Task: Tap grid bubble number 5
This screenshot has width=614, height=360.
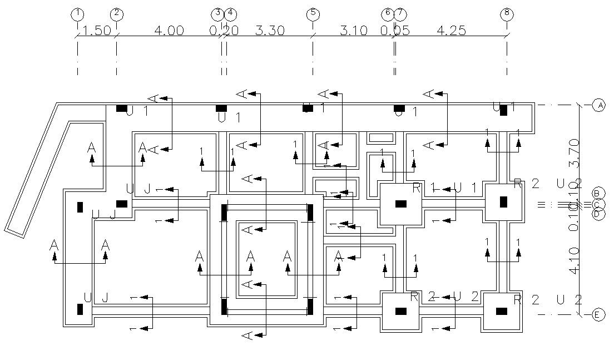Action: [x=313, y=13]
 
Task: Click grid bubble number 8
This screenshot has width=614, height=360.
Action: [x=506, y=13]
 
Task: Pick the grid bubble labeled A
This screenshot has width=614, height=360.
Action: [x=598, y=105]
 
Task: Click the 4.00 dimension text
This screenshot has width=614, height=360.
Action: [x=170, y=31]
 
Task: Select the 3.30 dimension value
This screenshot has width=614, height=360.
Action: [x=270, y=31]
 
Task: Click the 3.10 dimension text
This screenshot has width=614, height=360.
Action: [x=353, y=31]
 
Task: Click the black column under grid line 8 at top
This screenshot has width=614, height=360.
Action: [x=503, y=110]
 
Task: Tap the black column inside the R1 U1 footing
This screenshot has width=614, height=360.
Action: [x=400, y=204]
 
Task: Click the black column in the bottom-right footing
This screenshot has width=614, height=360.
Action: [x=502, y=311]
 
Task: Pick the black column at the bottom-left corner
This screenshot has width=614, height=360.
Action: [x=80, y=309]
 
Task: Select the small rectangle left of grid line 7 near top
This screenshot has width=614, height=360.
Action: [x=380, y=137]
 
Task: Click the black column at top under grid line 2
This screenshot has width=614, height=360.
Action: [x=121, y=108]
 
